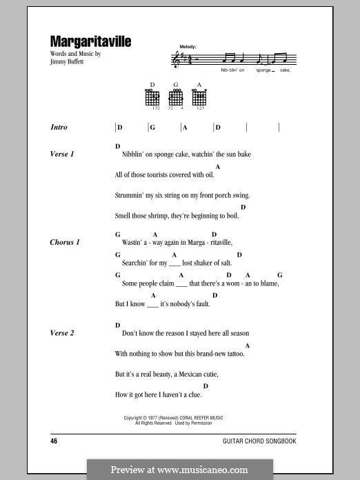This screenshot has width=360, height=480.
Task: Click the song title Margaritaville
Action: click(x=90, y=42)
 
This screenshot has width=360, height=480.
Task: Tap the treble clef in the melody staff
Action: click(x=174, y=61)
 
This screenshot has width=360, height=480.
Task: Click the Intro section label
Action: click(x=59, y=128)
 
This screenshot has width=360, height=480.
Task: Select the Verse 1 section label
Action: click(x=62, y=154)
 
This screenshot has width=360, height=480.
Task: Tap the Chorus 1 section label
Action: click(x=65, y=243)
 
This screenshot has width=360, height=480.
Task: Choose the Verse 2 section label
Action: click(x=62, y=333)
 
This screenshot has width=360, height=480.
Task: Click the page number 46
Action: click(x=54, y=440)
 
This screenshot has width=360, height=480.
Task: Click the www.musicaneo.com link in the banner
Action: click(x=213, y=470)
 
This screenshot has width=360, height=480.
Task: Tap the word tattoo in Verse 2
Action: click(x=232, y=354)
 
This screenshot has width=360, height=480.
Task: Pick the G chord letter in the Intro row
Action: click(x=152, y=128)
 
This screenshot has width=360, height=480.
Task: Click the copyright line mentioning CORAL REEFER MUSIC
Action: click(x=173, y=418)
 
